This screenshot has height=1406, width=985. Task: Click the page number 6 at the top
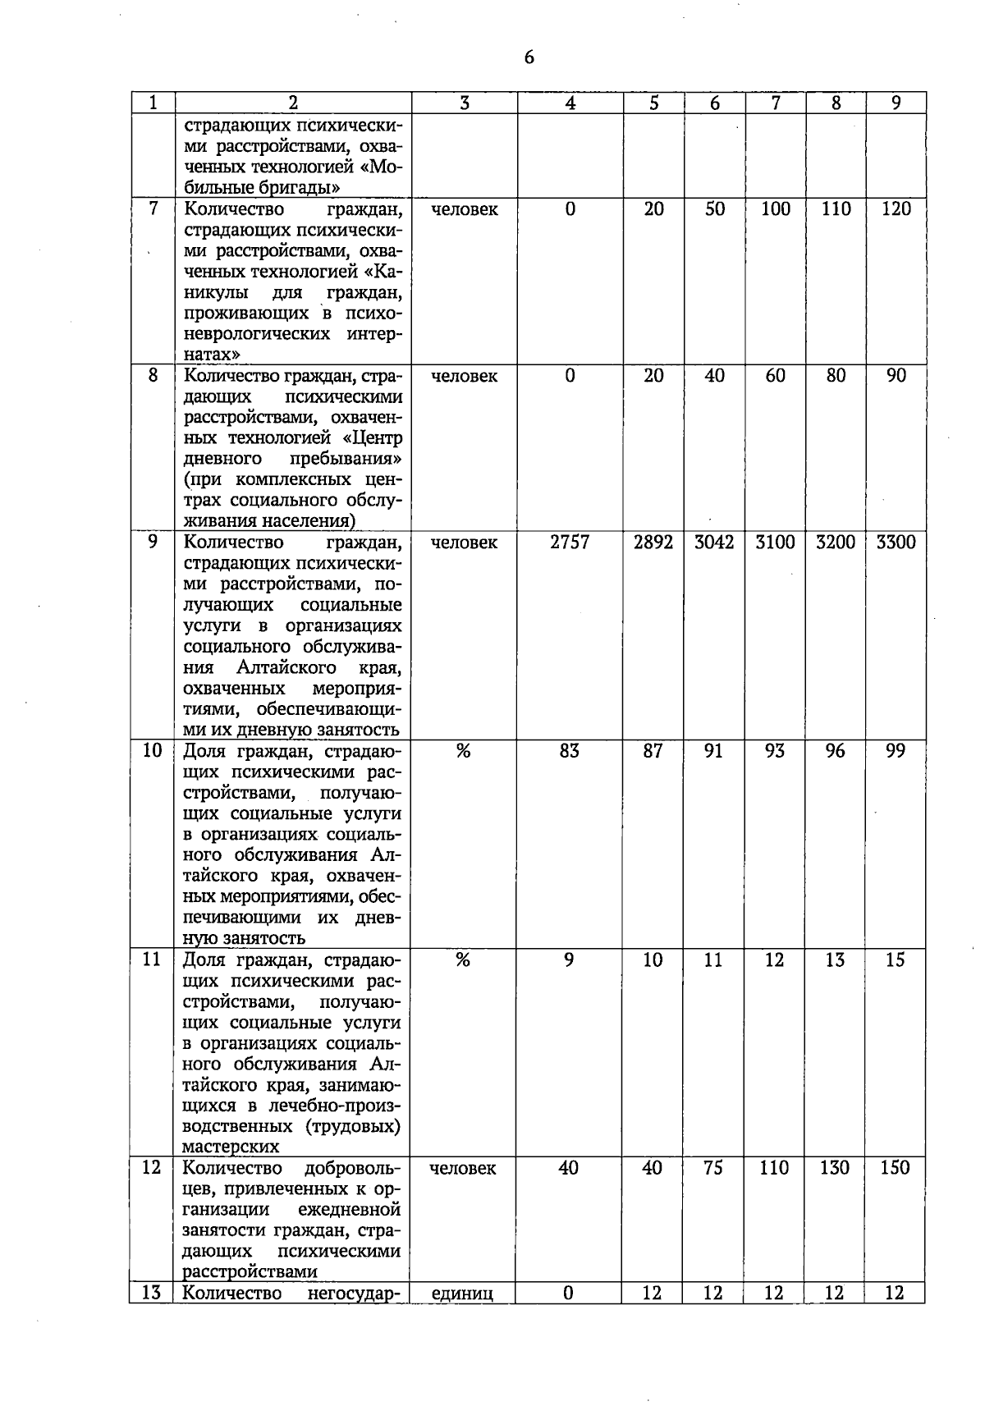click(x=529, y=57)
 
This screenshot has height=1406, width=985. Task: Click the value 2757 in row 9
click(x=570, y=543)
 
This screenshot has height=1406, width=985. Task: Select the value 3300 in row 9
click(x=896, y=543)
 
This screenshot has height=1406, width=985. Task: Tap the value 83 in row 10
click(x=569, y=751)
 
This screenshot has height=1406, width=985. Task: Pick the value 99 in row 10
click(x=895, y=751)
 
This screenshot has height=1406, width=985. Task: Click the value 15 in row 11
click(x=895, y=959)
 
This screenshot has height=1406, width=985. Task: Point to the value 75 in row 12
click(x=713, y=1168)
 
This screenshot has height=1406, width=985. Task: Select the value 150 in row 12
click(x=895, y=1168)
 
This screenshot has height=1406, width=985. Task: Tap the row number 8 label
click(x=153, y=376)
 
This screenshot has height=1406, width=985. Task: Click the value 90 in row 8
click(x=896, y=376)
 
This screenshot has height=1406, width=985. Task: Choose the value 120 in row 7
click(x=896, y=209)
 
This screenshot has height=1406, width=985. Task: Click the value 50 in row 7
click(x=714, y=209)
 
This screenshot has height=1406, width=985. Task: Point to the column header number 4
click(x=570, y=103)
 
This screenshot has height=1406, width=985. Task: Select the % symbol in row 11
click(x=463, y=959)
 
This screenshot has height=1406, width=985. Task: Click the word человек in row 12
click(x=462, y=1168)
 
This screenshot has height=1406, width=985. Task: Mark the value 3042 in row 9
click(x=714, y=543)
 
